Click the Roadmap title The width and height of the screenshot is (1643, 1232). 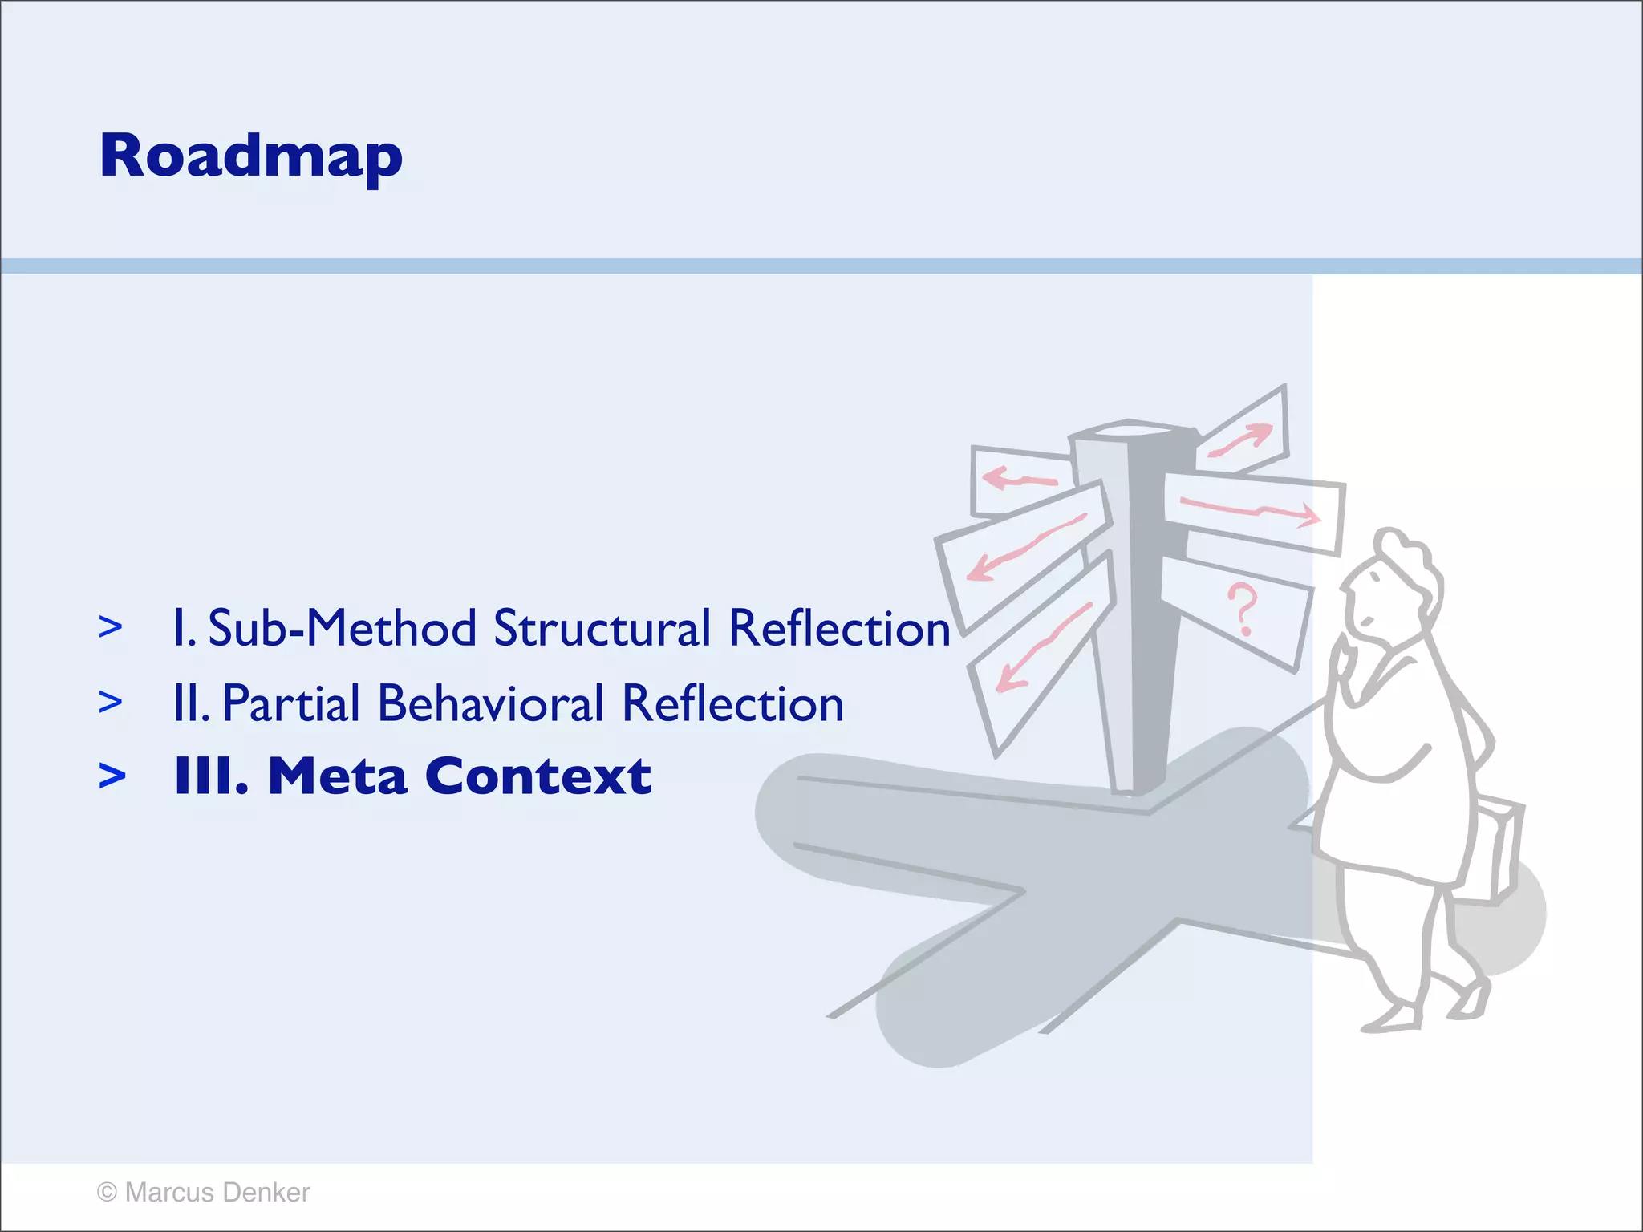[250, 156]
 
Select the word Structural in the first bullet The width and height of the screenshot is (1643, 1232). [602, 628]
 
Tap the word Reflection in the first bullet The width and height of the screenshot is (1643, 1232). [839, 628]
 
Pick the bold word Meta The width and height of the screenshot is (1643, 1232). [337, 776]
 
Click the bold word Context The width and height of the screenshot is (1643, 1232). [538, 776]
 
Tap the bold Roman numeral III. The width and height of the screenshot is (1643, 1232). [211, 776]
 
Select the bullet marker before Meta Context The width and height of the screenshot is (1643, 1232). [112, 776]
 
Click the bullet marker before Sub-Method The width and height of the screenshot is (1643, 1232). [111, 626]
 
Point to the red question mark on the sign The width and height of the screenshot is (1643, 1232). [1242, 610]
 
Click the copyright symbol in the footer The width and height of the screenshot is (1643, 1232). [107, 1193]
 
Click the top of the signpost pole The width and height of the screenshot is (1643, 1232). [1131, 432]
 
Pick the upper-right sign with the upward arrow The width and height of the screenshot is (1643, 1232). [1243, 433]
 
